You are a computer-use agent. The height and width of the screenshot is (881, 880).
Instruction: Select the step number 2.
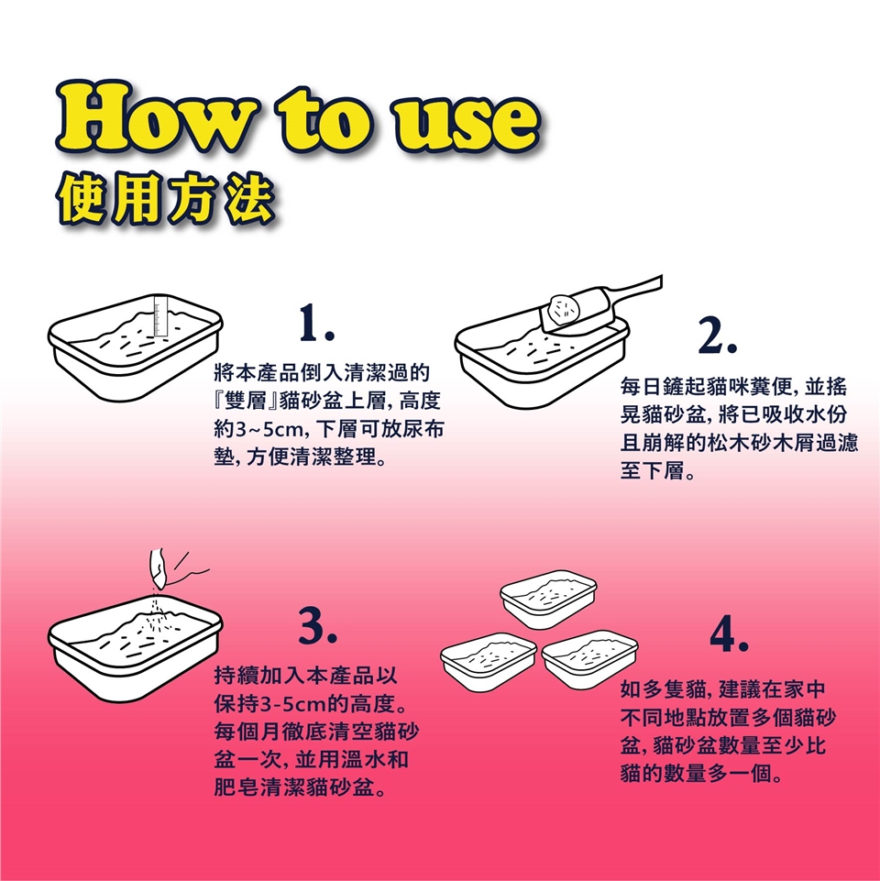point(718,336)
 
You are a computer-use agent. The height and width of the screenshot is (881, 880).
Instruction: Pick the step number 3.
point(317,626)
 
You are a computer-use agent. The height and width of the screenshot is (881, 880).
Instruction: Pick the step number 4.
point(729,633)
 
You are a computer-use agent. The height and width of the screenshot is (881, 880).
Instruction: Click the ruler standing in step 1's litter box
point(161,316)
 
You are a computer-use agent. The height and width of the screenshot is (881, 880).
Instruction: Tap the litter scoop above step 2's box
point(600,305)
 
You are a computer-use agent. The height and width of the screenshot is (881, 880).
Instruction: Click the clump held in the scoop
point(566,310)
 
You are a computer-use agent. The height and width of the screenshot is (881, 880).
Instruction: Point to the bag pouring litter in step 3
point(158,568)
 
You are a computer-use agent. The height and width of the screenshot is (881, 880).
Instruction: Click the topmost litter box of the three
point(548,599)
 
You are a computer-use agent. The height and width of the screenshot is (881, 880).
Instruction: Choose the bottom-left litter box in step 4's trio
point(489,661)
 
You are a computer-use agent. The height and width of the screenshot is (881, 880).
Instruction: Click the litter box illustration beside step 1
point(136,347)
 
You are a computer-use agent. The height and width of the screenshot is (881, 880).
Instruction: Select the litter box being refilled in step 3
point(136,649)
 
